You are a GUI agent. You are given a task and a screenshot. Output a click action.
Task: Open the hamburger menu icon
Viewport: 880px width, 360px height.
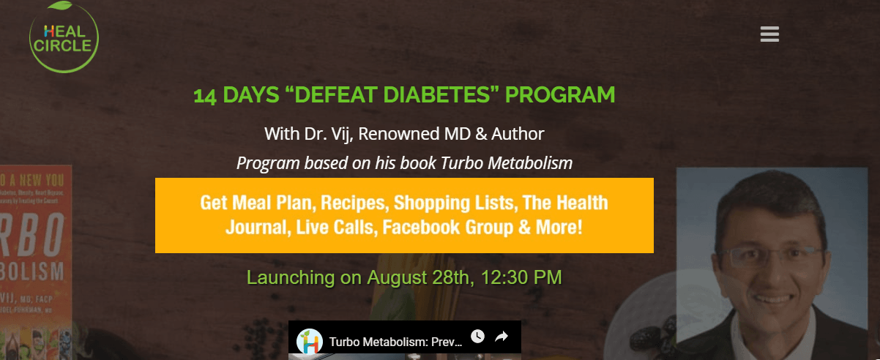pos(769,34)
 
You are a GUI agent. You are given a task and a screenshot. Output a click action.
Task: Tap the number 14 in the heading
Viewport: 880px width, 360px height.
pos(204,96)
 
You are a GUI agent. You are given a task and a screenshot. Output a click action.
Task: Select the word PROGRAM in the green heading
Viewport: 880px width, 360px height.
pos(560,95)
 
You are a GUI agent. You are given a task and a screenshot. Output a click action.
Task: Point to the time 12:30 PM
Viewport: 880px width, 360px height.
pos(519,278)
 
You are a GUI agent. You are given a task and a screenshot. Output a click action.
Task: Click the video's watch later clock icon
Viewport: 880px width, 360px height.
pos(477,337)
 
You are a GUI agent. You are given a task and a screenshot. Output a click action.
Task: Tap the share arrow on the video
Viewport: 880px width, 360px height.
pos(502,337)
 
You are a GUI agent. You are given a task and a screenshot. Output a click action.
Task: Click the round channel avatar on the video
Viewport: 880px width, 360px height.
pos(310,342)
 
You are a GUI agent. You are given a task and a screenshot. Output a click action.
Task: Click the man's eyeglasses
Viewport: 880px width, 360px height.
pos(769,257)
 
